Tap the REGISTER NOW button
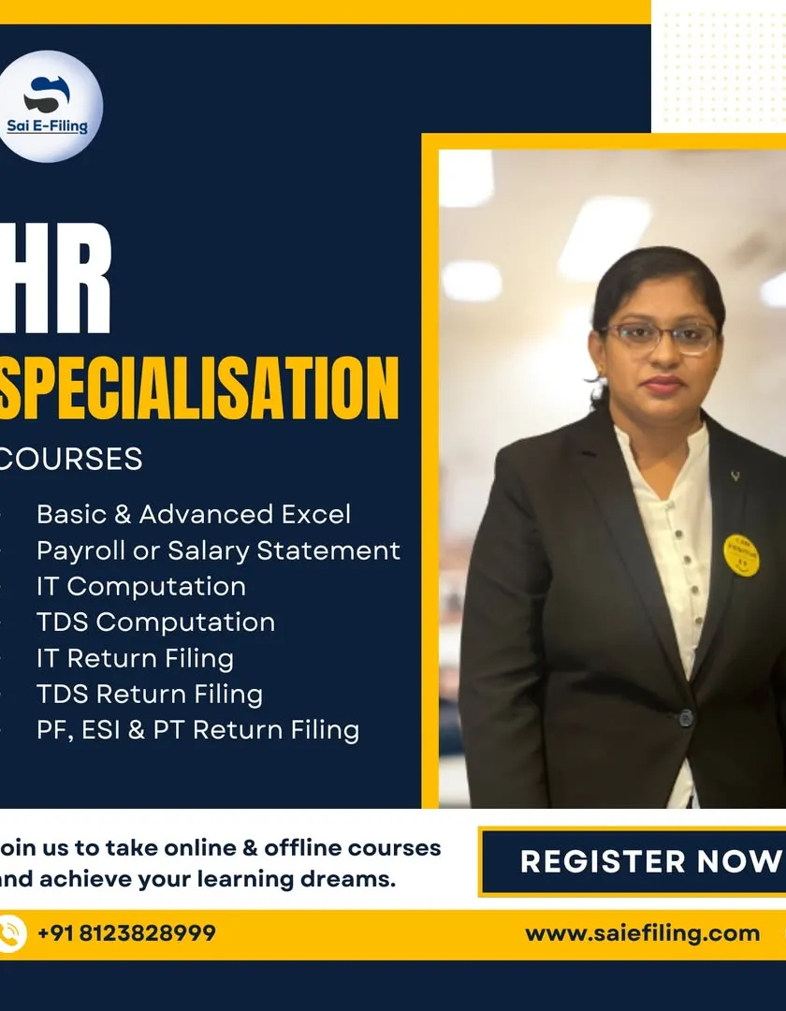point(633,861)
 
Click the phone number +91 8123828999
point(126,933)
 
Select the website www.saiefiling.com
point(642,933)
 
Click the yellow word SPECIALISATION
point(198,388)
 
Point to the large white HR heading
point(55,278)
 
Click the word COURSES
point(71,459)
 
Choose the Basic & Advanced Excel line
point(194,515)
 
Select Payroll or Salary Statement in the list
point(218,550)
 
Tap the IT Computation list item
point(141,587)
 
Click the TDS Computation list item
point(156,623)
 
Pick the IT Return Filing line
point(136,658)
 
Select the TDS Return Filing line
point(150,695)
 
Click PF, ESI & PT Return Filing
point(198,730)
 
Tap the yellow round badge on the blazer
point(741,555)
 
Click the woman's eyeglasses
point(659,337)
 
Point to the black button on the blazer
point(686,717)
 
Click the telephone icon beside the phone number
point(11,933)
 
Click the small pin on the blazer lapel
point(735,476)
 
